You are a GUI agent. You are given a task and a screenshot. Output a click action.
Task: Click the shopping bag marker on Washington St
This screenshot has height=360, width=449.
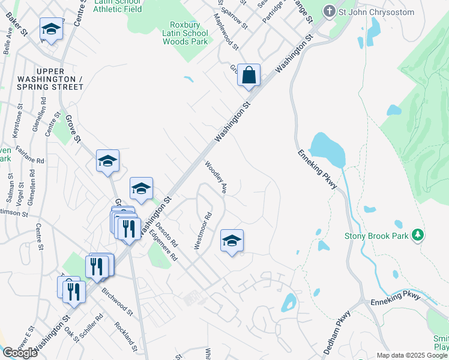[x=249, y=76]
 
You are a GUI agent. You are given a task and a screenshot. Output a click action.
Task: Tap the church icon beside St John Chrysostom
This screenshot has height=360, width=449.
[x=329, y=11]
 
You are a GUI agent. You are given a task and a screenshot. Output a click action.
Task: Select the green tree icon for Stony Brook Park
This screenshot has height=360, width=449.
[x=419, y=235]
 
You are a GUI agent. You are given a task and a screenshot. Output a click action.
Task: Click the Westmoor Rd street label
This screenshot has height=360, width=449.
[x=205, y=231]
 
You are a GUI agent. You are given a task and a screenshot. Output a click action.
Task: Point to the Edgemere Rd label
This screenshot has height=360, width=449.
[x=166, y=245]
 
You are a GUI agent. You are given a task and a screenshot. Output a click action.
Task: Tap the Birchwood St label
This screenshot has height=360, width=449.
[x=117, y=304]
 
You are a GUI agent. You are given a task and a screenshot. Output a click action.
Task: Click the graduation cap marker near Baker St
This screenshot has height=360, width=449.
[x=52, y=29]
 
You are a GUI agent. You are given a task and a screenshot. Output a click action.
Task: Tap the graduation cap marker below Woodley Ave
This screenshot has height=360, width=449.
[x=232, y=241]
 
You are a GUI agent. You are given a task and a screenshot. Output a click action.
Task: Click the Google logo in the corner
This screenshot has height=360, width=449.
[x=20, y=352]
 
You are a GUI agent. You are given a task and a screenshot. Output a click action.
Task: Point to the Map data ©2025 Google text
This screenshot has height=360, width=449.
[x=412, y=355]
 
